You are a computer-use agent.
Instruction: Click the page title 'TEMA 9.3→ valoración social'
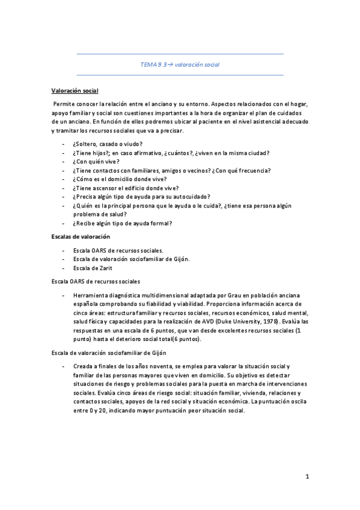[180, 64]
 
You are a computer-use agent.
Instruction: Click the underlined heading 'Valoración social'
[74, 90]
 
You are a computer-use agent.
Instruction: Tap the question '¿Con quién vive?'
[96, 162]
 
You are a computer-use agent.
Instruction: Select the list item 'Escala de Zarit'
[93, 268]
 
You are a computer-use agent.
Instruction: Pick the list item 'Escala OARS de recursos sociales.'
[117, 250]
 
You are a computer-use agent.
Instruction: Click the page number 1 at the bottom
[307, 477]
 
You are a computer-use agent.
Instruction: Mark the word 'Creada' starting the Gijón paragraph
[83, 366]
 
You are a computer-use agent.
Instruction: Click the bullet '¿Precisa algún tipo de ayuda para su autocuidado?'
[141, 197]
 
